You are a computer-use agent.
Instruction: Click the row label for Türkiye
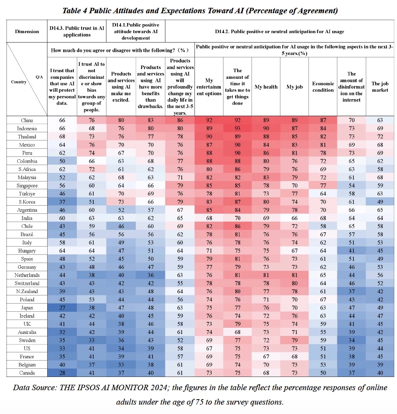(27, 194)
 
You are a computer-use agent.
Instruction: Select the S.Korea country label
(27, 202)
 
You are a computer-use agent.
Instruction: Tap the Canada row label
(27, 373)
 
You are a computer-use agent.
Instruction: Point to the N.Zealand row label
(27, 291)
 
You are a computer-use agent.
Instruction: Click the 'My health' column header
(266, 87)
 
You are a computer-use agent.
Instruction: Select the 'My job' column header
(294, 87)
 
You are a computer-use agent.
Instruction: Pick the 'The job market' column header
(380, 87)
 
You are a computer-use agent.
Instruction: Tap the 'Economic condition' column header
(323, 87)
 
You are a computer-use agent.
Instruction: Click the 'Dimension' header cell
(27, 32)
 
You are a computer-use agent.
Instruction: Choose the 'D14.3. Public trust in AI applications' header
(76, 32)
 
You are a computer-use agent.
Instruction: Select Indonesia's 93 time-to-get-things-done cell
(237, 128)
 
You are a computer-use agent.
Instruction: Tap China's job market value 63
(380, 120)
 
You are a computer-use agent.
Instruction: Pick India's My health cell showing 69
(266, 218)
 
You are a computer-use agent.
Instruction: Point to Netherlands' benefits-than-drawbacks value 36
(151, 275)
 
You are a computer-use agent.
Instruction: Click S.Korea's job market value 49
(380, 202)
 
